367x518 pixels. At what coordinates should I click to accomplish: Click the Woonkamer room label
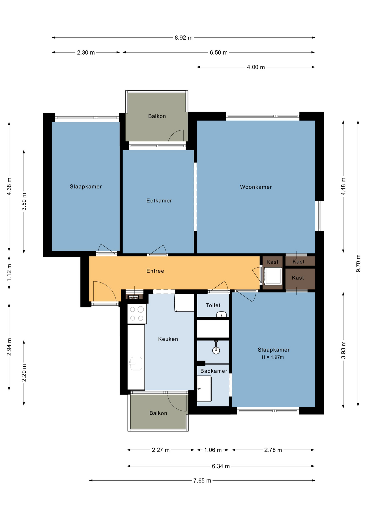point(256,187)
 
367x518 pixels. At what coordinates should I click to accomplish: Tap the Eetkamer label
point(159,200)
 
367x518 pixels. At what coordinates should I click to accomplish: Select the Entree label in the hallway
point(155,271)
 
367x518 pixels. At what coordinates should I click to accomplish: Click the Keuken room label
point(168,339)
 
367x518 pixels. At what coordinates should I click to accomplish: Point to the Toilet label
point(213,305)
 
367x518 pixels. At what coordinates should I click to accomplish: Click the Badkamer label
point(213,371)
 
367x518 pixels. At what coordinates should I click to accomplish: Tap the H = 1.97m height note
point(273,357)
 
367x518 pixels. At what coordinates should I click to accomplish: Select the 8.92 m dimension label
point(183,38)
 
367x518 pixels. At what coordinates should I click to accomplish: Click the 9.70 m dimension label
point(358,263)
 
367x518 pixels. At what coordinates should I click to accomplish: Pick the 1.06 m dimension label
point(213,450)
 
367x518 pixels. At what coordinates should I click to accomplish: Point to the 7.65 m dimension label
point(202,480)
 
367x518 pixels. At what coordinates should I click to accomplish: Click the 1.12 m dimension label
point(9,272)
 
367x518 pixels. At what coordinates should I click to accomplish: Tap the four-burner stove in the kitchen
point(137,314)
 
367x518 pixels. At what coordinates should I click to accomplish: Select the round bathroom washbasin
point(216,350)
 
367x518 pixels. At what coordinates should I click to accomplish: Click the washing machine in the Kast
point(273,276)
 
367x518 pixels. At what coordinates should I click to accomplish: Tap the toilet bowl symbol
point(221,314)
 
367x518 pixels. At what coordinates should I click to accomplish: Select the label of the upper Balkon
point(157,116)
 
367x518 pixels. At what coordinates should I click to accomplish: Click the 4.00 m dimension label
point(256,67)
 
